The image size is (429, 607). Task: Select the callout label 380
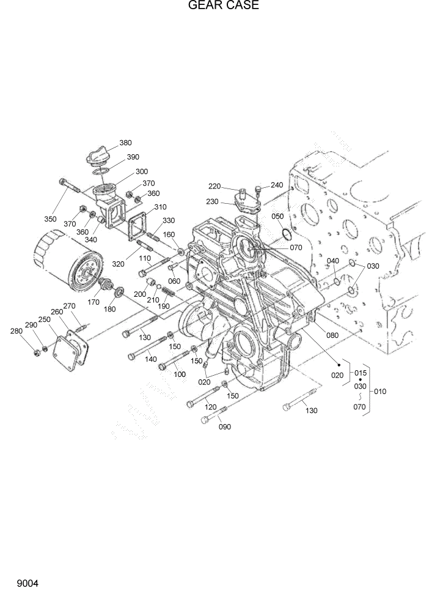[125, 143]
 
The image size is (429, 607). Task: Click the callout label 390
[133, 157]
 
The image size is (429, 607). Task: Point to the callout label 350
[50, 218]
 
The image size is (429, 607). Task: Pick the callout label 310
[160, 207]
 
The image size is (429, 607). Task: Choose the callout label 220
[214, 186]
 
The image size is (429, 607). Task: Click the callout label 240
[277, 185]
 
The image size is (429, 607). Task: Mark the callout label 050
[277, 217]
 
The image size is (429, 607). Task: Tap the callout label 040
[332, 261]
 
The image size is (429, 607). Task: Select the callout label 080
[332, 335]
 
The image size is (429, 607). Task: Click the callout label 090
[225, 426]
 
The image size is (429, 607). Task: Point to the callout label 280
[16, 331]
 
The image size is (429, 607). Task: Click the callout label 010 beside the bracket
[380, 391]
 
